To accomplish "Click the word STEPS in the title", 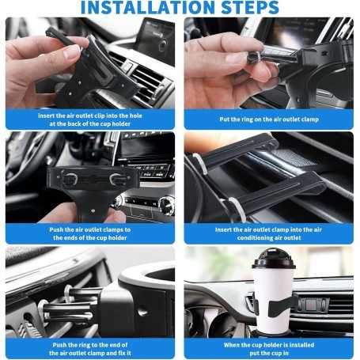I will pyautogui.click(x=242, y=8).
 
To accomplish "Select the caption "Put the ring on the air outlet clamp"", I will pyautogui.click(x=270, y=119).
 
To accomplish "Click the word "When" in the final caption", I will pyautogui.click(x=236, y=344).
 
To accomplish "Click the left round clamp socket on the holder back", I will pyautogui.click(x=70, y=179).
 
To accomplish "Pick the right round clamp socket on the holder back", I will pyautogui.click(x=117, y=179).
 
